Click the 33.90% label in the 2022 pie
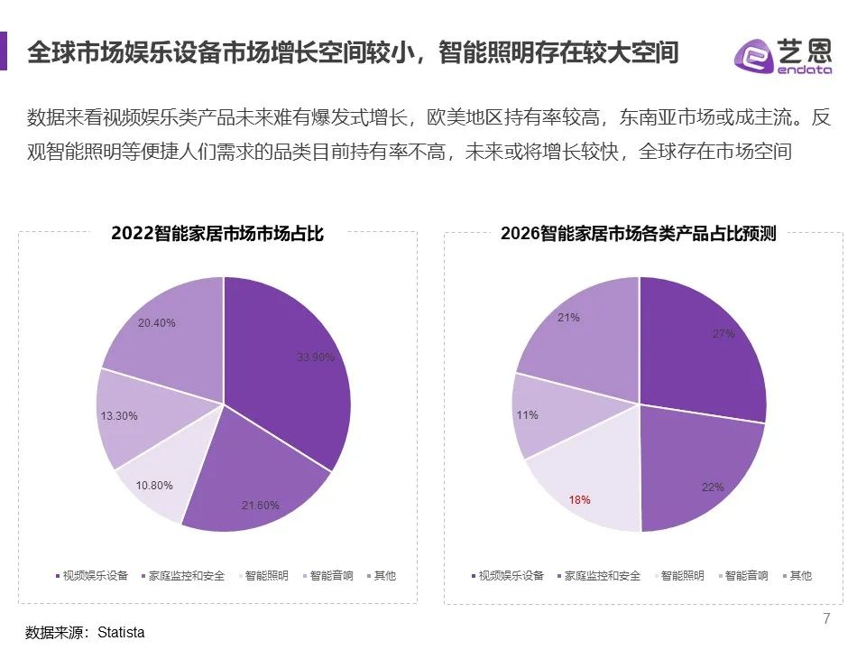click(316, 357)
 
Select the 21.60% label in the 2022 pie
click(260, 505)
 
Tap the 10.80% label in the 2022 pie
click(155, 486)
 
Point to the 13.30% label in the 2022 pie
click(118, 417)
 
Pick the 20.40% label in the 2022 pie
click(157, 322)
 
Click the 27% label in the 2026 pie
click(723, 333)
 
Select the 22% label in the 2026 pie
click(713, 487)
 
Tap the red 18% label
click(579, 499)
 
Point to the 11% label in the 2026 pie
click(528, 415)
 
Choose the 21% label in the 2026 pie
click(568, 318)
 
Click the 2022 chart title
click(217, 234)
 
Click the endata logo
click(782, 56)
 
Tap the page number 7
click(826, 618)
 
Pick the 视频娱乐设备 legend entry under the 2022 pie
click(94, 575)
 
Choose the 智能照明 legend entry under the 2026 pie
click(683, 575)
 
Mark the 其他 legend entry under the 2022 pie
click(384, 575)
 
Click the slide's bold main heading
click(353, 52)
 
